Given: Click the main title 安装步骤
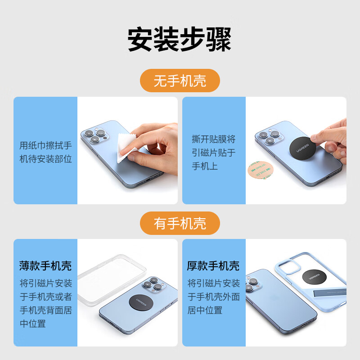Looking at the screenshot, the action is (x=180, y=39).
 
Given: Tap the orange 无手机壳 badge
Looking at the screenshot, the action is (x=180, y=81).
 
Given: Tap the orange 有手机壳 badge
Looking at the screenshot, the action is (x=180, y=223).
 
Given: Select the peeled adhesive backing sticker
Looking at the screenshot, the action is (x=261, y=170).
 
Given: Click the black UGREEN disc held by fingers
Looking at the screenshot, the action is (x=302, y=148).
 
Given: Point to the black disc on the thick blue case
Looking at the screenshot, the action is (x=314, y=277).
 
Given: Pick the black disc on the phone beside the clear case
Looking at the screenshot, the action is (x=141, y=302).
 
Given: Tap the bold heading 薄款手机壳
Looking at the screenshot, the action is (x=45, y=266).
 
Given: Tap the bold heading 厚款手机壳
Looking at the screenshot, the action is (x=213, y=266).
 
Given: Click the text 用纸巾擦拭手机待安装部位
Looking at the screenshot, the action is (x=45, y=152).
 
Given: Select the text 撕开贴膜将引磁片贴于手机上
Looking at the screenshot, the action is (x=214, y=153).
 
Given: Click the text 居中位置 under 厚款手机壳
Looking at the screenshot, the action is (x=205, y=310).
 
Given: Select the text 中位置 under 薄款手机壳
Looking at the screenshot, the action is (x=32, y=324).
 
